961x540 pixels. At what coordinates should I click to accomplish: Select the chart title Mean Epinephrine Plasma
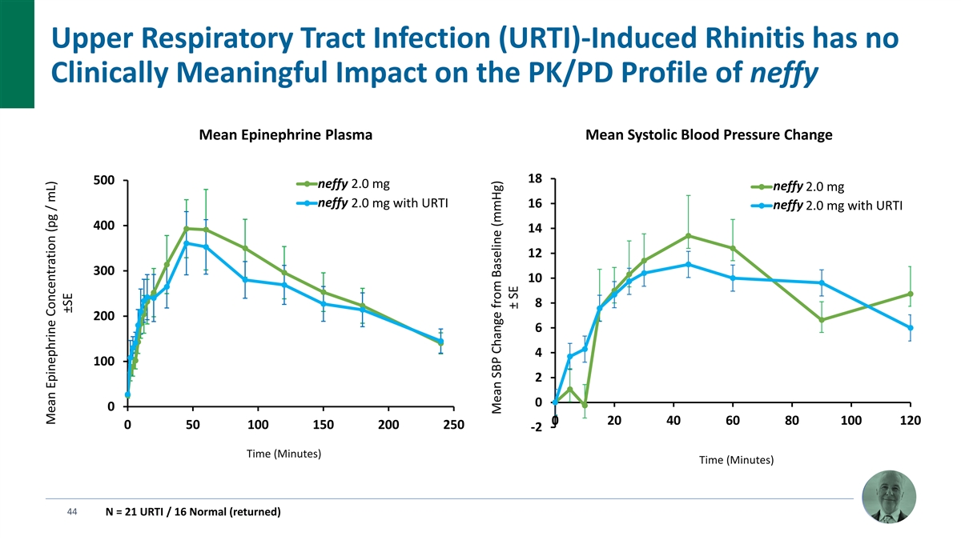(x=285, y=135)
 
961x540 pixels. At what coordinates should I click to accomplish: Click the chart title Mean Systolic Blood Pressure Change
(x=710, y=135)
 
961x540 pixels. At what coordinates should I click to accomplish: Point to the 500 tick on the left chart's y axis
(x=103, y=180)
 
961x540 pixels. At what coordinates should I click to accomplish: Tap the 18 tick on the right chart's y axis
(x=535, y=178)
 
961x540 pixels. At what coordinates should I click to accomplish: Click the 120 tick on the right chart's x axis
(x=911, y=421)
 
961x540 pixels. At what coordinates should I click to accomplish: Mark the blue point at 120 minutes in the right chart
(x=911, y=327)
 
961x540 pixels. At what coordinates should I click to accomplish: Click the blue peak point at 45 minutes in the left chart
(x=187, y=242)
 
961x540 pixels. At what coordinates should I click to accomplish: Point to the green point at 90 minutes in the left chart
(x=245, y=248)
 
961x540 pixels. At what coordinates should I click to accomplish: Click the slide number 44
(x=72, y=512)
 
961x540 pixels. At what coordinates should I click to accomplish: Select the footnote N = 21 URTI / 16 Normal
(x=192, y=512)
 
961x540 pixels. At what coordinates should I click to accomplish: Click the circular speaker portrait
(x=888, y=498)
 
